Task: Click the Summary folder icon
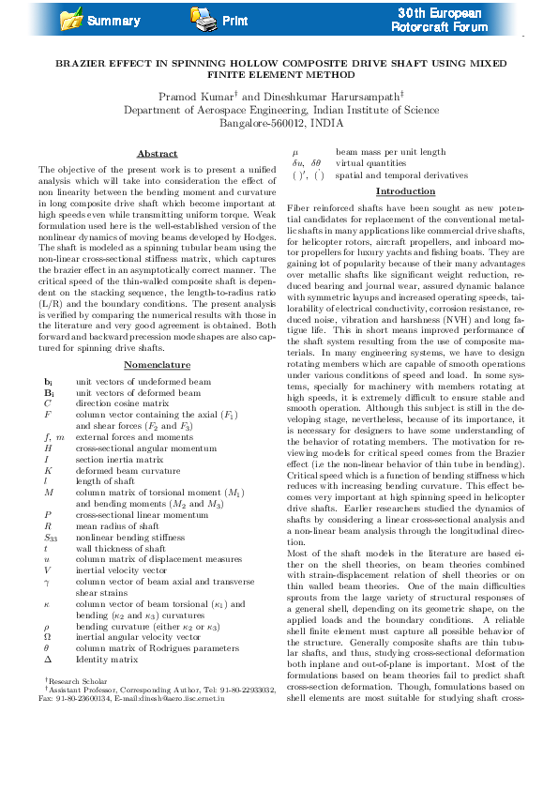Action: coord(70,18)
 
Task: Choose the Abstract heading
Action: coord(157,153)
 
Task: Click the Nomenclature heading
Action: coord(157,365)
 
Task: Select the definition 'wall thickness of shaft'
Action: coord(120,549)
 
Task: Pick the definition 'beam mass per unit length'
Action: coord(391,152)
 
